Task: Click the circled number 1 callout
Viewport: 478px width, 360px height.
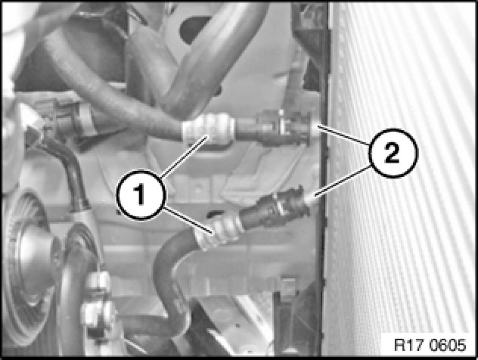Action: tap(141, 195)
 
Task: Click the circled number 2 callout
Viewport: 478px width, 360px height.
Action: tap(393, 154)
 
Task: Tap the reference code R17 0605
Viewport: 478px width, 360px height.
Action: tap(430, 345)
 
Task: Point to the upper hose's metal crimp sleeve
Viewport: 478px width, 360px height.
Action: tap(208, 128)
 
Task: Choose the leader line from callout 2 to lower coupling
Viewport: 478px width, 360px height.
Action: tap(343, 181)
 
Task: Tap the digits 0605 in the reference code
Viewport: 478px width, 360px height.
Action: tap(448, 345)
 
